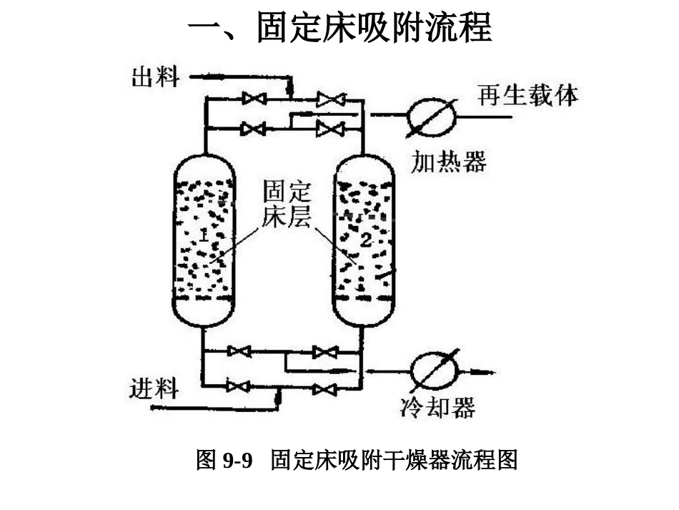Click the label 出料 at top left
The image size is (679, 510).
[x=154, y=77]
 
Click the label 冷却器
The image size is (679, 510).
[x=437, y=408]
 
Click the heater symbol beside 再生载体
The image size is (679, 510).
[x=432, y=114]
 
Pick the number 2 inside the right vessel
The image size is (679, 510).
[x=365, y=240]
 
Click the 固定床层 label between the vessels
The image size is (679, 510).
[x=287, y=205]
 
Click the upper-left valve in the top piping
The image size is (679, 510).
[x=254, y=99]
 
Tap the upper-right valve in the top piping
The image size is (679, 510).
[x=330, y=99]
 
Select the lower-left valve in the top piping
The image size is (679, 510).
[x=253, y=129]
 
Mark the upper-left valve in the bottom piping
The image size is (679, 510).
[x=239, y=351]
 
